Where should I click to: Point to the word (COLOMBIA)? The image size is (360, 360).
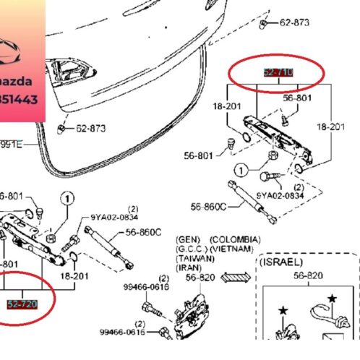232,239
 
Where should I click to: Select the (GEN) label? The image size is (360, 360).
189,239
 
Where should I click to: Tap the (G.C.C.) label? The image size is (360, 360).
190,249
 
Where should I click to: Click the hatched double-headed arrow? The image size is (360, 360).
234,276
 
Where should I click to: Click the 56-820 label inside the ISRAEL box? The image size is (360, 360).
303,276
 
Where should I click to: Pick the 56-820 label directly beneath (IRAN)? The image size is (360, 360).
199,276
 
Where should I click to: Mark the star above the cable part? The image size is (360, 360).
333,298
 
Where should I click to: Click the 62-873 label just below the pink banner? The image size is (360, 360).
90,129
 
